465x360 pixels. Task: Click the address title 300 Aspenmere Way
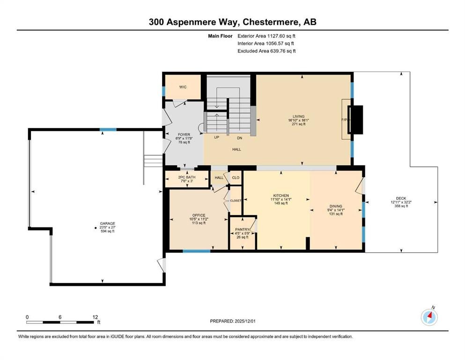[x=232, y=22]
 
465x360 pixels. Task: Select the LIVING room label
[x=299, y=116]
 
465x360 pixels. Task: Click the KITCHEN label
[x=281, y=195]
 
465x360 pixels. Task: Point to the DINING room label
[x=335, y=206]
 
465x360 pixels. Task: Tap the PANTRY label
[x=242, y=229]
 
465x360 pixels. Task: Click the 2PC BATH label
[x=186, y=177]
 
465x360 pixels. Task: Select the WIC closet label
[x=183, y=87]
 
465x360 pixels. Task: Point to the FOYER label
[x=184, y=135]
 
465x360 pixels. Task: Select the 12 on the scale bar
[x=95, y=316]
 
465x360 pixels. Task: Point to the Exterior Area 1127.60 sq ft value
[x=266, y=36]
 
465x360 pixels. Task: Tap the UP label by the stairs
[x=216, y=137]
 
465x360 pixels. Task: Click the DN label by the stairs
[x=239, y=137]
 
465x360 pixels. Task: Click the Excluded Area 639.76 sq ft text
[x=266, y=51]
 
